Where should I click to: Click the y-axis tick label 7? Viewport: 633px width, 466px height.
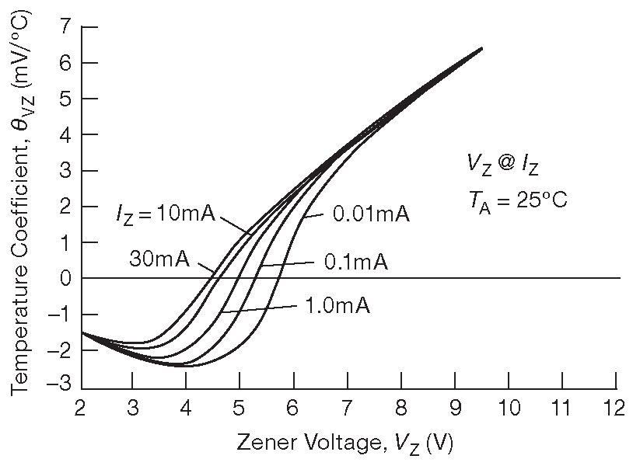65,26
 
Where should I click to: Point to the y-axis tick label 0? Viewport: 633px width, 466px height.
65,278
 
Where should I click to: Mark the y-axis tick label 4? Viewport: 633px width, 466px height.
65,134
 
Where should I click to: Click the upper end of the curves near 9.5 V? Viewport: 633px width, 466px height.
481,49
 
